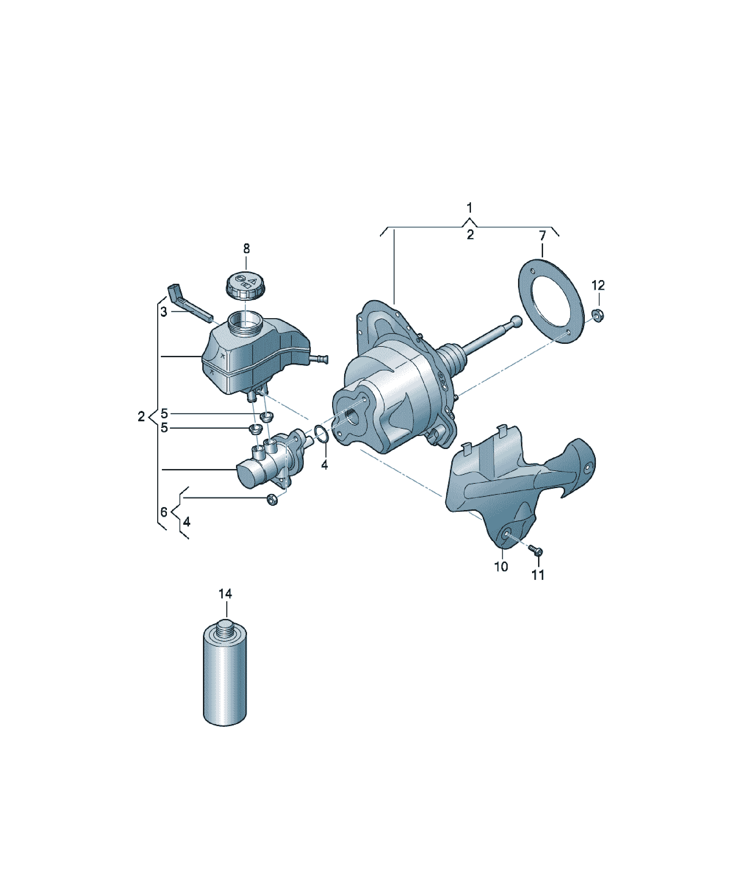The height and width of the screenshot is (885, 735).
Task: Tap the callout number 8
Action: tap(247, 249)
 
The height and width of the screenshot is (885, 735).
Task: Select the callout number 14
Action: tap(225, 594)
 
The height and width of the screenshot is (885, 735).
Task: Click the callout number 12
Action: tap(598, 285)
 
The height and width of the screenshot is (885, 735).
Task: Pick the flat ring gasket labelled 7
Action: tap(551, 301)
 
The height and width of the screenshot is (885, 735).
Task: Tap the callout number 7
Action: tap(542, 236)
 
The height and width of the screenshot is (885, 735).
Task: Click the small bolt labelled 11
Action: tap(536, 550)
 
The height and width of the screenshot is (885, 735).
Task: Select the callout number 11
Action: tap(538, 575)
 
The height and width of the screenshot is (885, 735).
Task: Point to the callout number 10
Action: tap(501, 567)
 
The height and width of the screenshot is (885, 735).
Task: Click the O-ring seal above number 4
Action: tap(321, 435)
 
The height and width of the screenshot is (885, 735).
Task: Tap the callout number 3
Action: tap(164, 312)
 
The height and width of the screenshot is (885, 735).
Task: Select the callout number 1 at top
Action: tap(470, 208)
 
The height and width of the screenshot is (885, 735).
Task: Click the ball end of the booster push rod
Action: tap(516, 321)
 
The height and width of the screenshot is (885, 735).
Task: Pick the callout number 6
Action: tap(164, 512)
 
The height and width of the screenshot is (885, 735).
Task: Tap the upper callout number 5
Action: tap(164, 413)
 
